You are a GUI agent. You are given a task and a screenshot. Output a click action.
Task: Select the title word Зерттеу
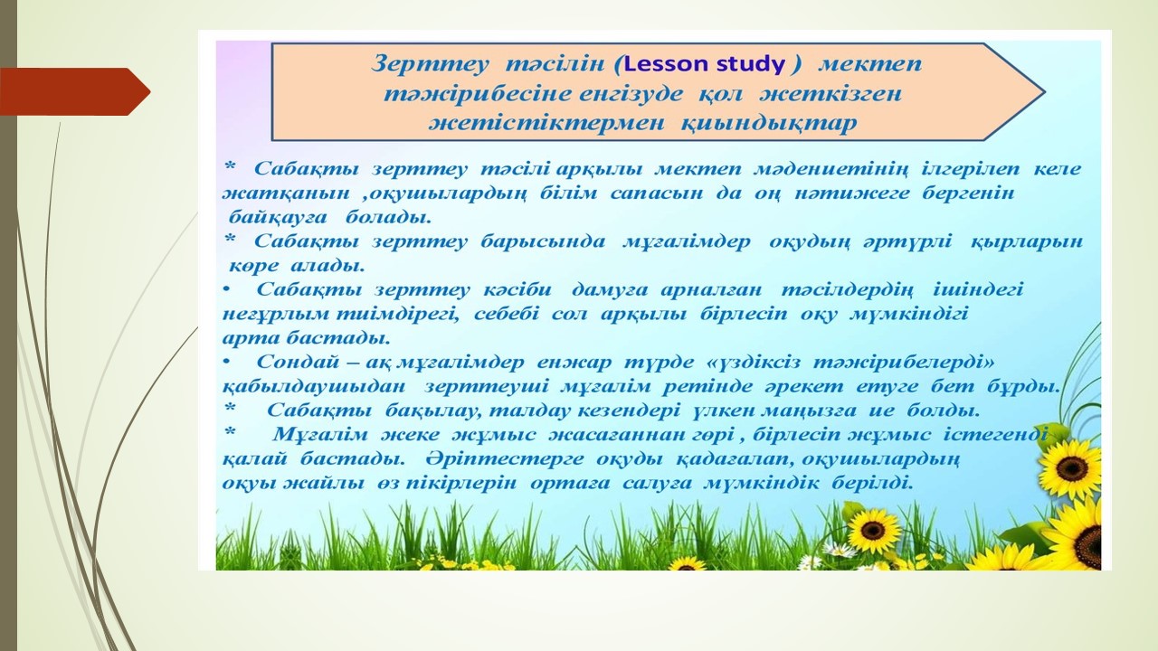(x=430, y=65)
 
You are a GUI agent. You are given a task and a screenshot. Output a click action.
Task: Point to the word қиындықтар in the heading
(x=769, y=124)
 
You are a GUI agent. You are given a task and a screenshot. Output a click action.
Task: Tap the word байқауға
(x=278, y=218)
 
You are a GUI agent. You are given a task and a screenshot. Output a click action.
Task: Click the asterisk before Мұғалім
(x=230, y=433)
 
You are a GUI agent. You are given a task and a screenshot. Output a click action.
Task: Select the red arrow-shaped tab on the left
(x=75, y=91)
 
